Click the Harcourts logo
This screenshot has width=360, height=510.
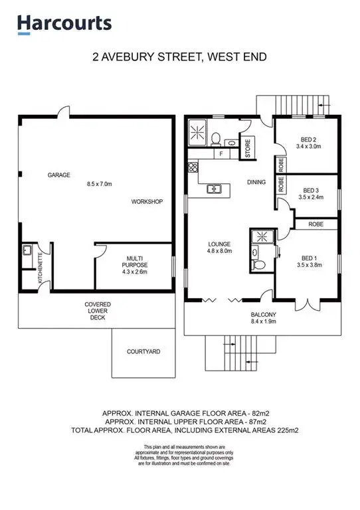(x=64, y=24)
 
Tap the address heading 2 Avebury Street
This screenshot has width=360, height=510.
(x=179, y=57)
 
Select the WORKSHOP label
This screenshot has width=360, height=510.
(x=147, y=201)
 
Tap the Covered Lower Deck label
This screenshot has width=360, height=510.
(x=98, y=310)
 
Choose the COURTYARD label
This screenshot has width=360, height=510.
(x=143, y=351)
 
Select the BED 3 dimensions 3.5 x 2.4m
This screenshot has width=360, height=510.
(x=311, y=197)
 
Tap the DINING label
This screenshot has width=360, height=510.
(x=256, y=182)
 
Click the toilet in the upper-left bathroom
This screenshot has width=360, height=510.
(x=217, y=138)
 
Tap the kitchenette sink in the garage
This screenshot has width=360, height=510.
(x=27, y=252)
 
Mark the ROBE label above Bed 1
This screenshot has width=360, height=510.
(x=315, y=225)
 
